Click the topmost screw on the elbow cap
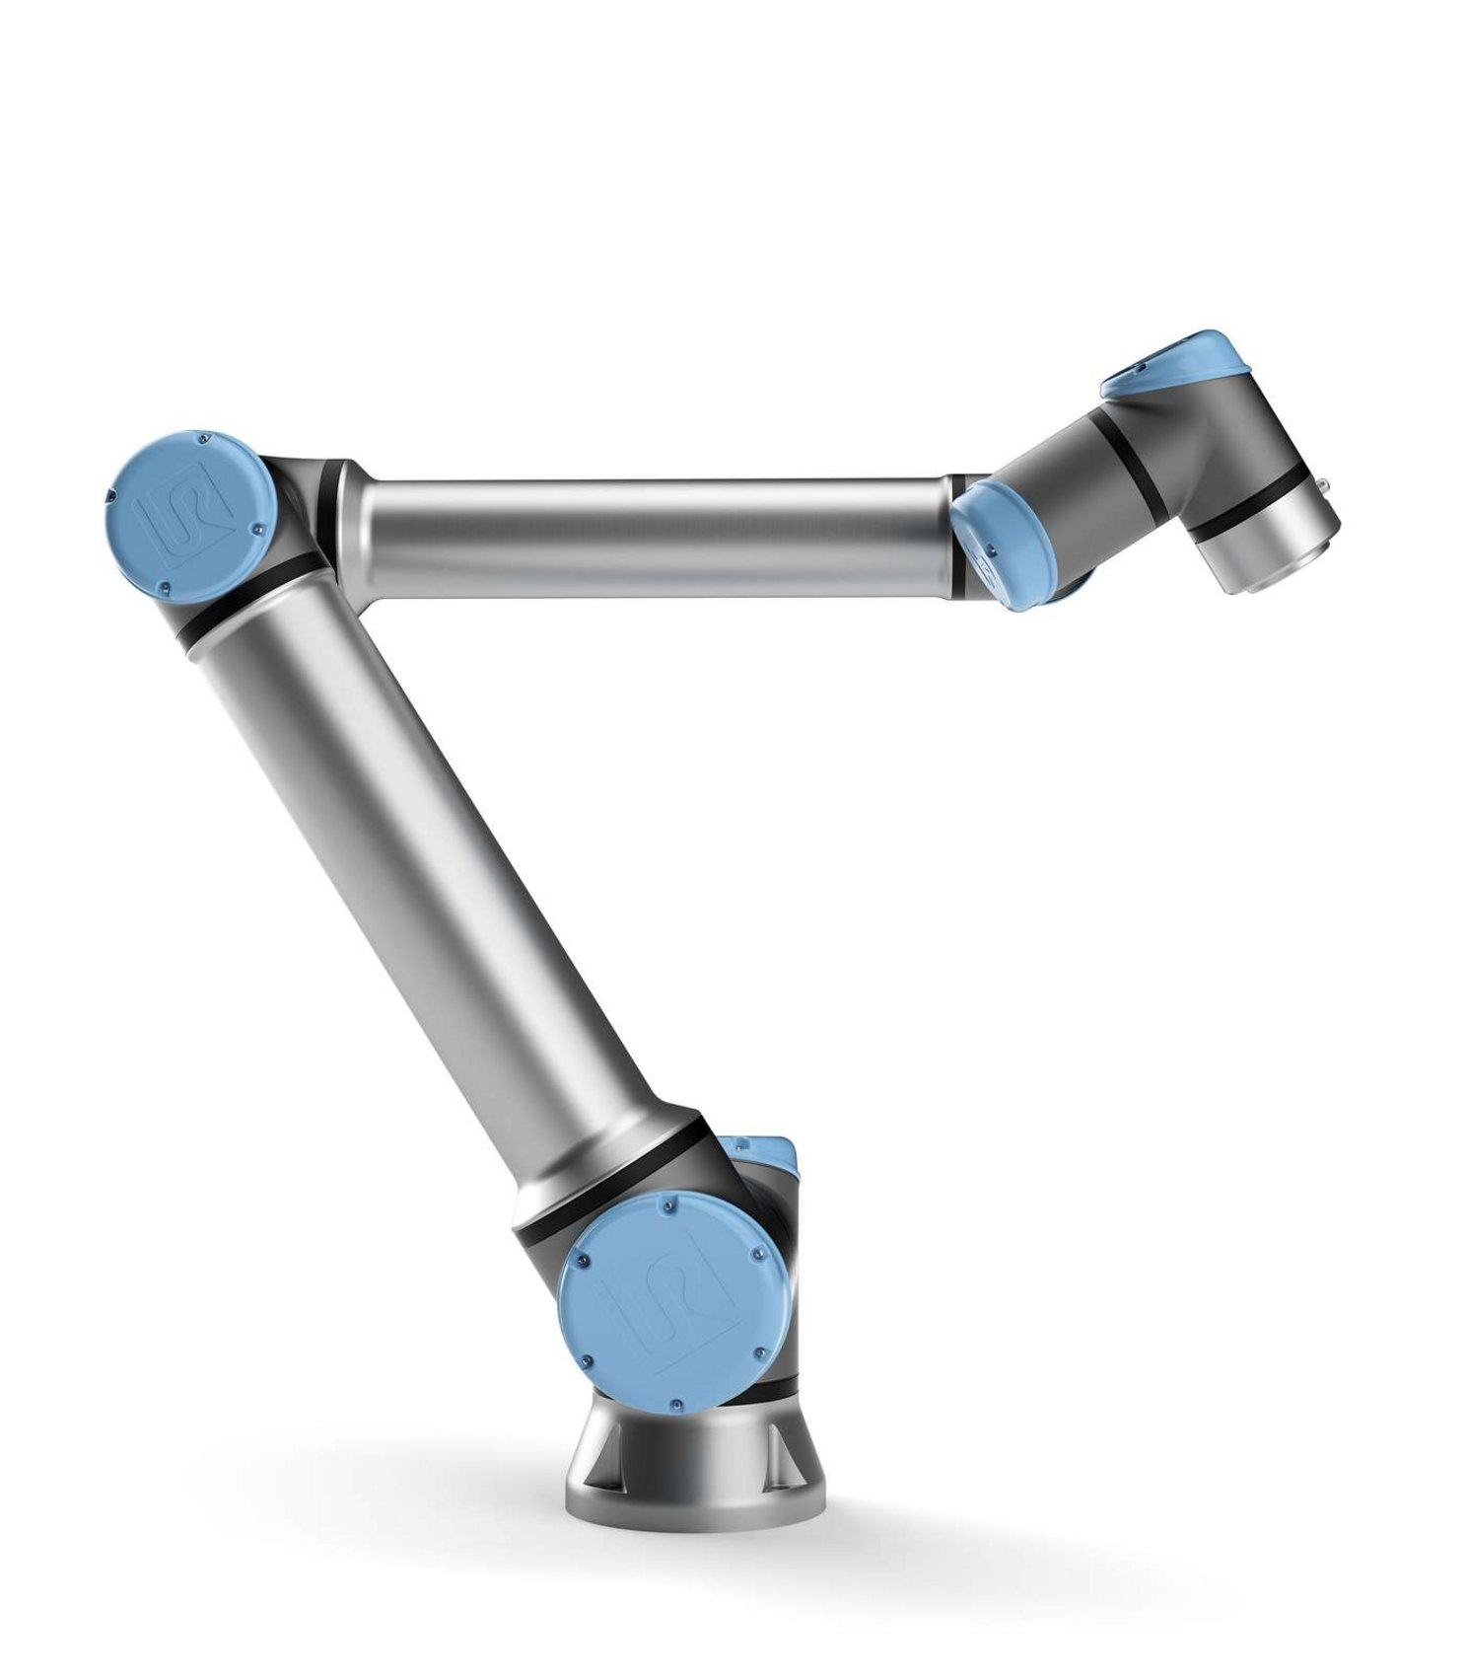201,435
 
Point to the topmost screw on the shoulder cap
670,1204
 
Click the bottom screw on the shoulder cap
676,1402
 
